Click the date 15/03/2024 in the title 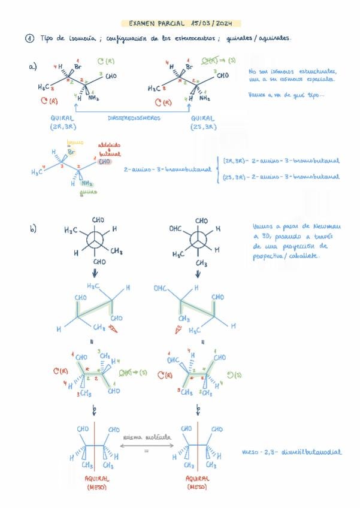(213, 23)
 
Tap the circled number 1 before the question (29, 39)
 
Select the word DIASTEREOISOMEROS (134, 119)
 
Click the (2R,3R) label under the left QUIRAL (63, 126)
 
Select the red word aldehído (105, 146)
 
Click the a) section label (32, 67)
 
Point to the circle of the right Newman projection (198, 241)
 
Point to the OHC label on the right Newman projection (175, 229)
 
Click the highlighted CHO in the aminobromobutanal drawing (104, 161)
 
